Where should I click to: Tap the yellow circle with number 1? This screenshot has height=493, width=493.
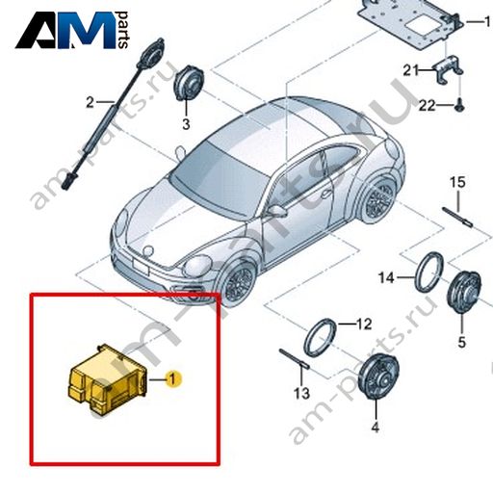coord(173,379)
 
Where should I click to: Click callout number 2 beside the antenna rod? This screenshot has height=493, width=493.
coord(91,103)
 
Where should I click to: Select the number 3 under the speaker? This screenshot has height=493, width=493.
coord(186,124)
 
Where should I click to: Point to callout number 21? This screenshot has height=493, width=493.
coord(411,70)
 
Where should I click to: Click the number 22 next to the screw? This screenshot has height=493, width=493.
coord(427,105)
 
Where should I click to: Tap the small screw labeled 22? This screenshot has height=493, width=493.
coord(459,105)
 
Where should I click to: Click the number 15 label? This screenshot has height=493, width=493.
coord(457,182)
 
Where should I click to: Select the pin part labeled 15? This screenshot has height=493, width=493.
coord(457,218)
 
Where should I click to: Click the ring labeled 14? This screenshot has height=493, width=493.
coord(429,272)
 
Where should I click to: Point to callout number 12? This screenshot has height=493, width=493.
coord(364,324)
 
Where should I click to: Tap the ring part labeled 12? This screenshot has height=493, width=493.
coord(321,338)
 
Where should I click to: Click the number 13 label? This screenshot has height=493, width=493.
coord(301,393)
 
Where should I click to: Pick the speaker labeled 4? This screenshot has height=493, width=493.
coord(378,376)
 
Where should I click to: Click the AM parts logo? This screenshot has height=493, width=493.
coord(72,30)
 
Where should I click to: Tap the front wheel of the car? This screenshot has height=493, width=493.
coord(238,282)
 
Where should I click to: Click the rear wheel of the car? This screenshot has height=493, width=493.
coord(379,198)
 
